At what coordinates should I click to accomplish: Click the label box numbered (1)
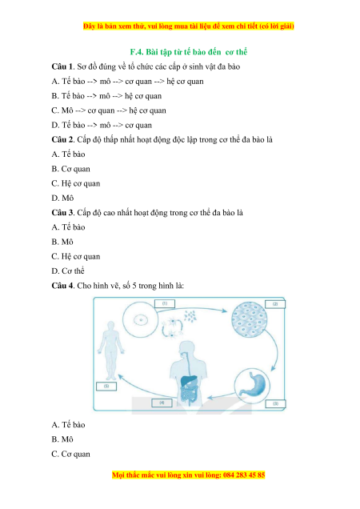pyautogui.click(x=165, y=303)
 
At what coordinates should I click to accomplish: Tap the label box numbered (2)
pyautogui.click(x=275, y=304)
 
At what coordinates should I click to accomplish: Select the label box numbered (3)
pyautogui.click(x=275, y=404)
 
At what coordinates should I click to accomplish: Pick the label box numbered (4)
pyautogui.click(x=162, y=403)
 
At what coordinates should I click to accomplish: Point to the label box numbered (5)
pyautogui.click(x=106, y=387)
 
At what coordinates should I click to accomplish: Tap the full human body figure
pyautogui.click(x=111, y=351)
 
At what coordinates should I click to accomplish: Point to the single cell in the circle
pyautogui.click(x=142, y=320)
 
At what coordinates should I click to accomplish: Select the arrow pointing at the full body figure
pyautogui.click(x=146, y=390)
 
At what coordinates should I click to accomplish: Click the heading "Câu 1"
pyautogui.click(x=63, y=66)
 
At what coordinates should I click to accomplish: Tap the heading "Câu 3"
pyautogui.click(x=63, y=213)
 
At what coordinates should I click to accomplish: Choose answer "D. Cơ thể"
pyautogui.click(x=68, y=271)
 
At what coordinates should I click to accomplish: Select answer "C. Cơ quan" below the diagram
pyautogui.click(x=70, y=454)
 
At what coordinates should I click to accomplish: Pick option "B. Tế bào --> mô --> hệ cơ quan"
pyautogui.click(x=106, y=96)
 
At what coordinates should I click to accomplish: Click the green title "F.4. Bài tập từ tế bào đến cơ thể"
pyautogui.click(x=189, y=52)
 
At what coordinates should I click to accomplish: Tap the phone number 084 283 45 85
pyautogui.click(x=244, y=475)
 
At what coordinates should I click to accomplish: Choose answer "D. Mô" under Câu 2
pyautogui.click(x=62, y=198)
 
